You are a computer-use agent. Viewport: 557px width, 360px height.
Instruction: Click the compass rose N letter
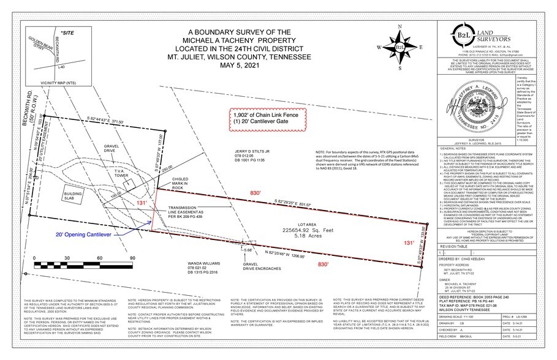pyautogui.click(x=399, y=27)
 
